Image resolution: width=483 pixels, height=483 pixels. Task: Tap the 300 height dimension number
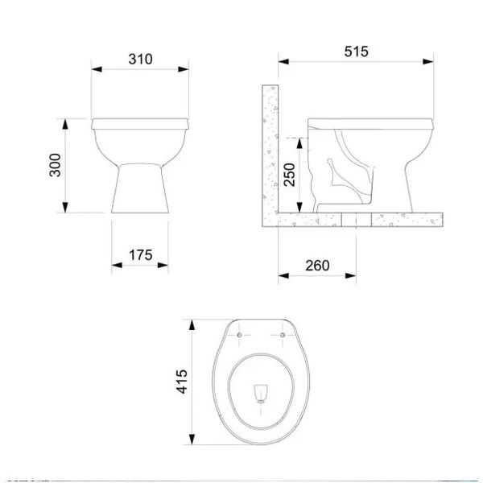(x=53, y=165)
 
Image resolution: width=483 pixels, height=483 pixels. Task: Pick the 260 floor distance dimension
(x=317, y=266)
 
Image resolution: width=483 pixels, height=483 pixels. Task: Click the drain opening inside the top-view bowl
(x=260, y=392)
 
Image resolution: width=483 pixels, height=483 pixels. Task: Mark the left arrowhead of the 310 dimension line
(x=93, y=70)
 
